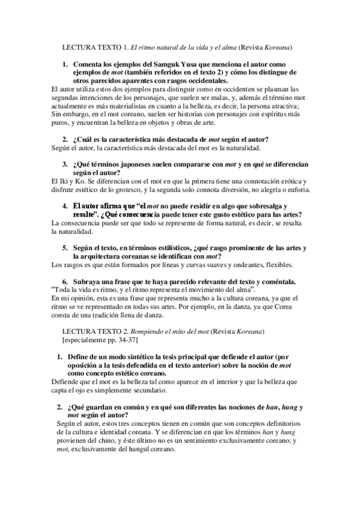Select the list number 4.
[x=66, y=205]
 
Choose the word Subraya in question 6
[x=89, y=281]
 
